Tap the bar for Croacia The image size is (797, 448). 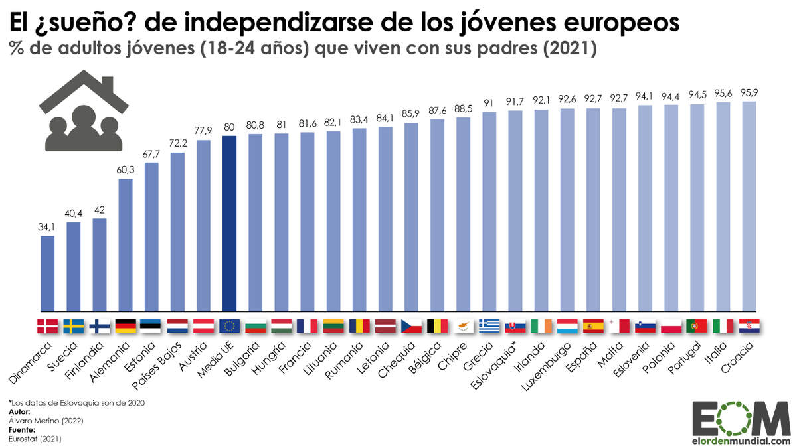pyautogui.click(x=749, y=206)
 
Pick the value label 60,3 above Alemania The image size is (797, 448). pyautogui.click(x=126, y=171)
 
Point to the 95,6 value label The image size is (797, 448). pyautogui.click(x=723, y=94)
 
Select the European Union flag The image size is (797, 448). pyautogui.click(x=230, y=326)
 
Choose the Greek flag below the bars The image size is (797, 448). pyautogui.click(x=489, y=326)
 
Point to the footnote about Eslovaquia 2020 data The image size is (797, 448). pyautogui.click(x=76, y=402)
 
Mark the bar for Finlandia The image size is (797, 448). pyautogui.click(x=100, y=265)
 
